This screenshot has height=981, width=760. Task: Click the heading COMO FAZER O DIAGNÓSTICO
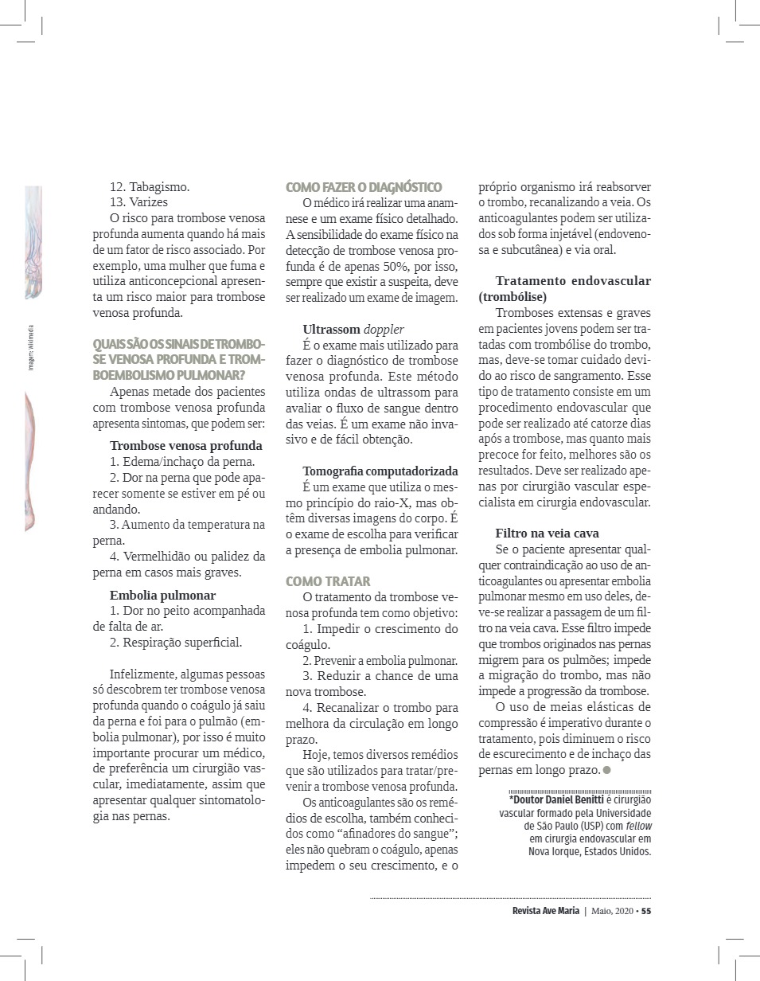[364, 187]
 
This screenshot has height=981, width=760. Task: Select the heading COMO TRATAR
[328, 581]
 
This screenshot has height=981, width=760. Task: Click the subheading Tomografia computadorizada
[380, 471]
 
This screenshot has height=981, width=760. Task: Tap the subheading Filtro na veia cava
[547, 533]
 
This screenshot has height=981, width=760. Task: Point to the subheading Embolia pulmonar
[162, 595]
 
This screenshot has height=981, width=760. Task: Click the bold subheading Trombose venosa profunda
[185, 445]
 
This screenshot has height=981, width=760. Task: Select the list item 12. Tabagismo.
[150, 186]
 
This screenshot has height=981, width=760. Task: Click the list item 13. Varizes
[138, 201]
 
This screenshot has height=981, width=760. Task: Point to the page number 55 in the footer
[646, 911]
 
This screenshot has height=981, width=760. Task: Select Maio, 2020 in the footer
[612, 911]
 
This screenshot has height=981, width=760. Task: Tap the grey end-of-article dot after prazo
[607, 770]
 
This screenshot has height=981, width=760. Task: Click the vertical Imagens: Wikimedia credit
[31, 346]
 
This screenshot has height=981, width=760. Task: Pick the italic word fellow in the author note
[636, 826]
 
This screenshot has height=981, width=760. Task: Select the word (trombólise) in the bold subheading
[513, 296]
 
